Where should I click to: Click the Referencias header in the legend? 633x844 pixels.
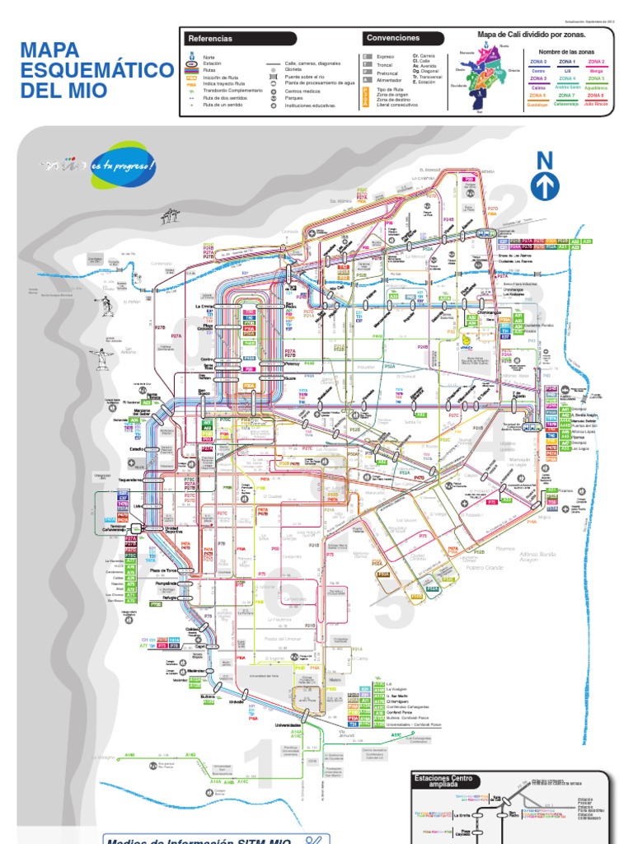[210, 38]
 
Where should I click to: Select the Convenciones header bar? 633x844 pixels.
[393, 38]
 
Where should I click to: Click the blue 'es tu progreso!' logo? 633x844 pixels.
[123, 165]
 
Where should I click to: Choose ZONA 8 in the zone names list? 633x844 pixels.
[595, 96]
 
